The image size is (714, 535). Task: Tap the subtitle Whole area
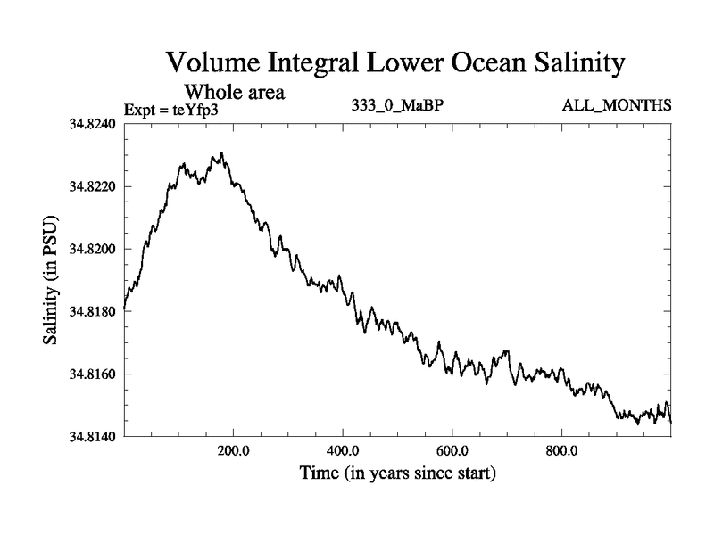point(234,91)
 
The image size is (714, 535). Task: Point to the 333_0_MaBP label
point(398,106)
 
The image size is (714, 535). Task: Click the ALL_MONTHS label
point(616,106)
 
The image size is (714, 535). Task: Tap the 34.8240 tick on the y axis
point(94,125)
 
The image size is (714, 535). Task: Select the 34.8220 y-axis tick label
point(94,187)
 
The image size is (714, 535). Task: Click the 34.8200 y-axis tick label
point(94,250)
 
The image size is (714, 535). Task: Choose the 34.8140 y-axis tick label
point(94,437)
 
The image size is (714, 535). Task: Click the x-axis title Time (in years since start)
point(398,473)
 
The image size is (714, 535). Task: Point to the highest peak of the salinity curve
point(221,153)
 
